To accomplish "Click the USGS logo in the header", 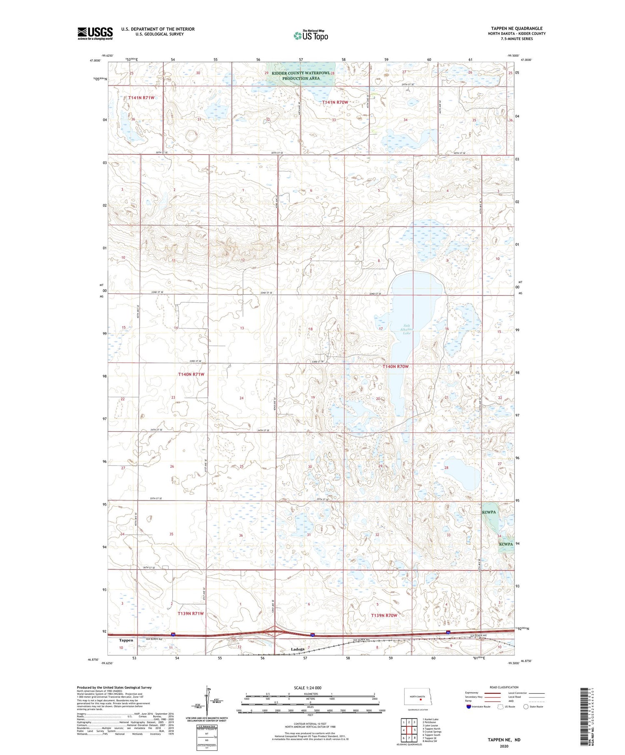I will click(x=95, y=33).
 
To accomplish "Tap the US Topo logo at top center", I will click(x=310, y=36).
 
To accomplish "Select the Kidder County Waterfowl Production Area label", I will click(x=301, y=76).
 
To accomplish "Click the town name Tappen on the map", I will click(x=126, y=640).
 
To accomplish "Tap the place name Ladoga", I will click(x=298, y=649).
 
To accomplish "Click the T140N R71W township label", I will click(x=191, y=374).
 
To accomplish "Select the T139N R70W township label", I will click(x=384, y=615).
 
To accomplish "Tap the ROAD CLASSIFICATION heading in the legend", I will click(x=504, y=687).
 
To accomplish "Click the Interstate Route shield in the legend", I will click(x=469, y=707).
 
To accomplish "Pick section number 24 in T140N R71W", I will click(x=241, y=398).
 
